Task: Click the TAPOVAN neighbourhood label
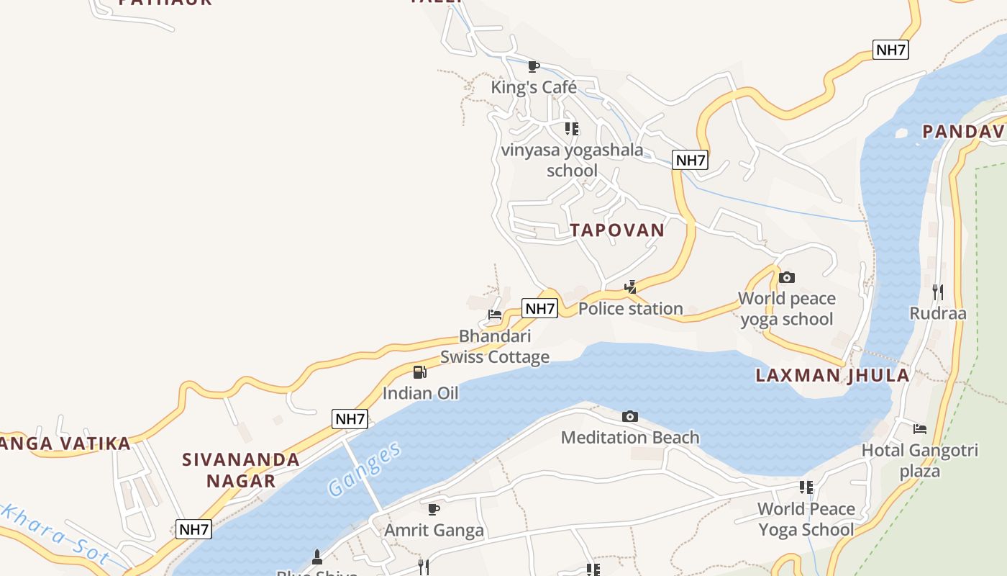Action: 617,230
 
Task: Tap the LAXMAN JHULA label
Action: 832,375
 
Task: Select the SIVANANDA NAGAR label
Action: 241,470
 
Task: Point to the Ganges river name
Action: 364,470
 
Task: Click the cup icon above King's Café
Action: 534,67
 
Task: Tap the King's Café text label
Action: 534,88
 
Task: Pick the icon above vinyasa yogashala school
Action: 572,129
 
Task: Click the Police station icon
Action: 631,287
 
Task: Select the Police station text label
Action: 631,309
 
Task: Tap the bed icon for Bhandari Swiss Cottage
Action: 495,315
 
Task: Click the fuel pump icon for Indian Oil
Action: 420,372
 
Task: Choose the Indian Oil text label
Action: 420,394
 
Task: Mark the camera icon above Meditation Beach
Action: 630,416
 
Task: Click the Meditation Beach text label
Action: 630,438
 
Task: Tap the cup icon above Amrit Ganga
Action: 434,510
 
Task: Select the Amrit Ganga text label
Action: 434,531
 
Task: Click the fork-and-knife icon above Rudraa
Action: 937,292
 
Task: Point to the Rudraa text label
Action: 937,314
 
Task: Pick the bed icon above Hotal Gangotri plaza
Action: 920,429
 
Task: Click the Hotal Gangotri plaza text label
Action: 920,461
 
